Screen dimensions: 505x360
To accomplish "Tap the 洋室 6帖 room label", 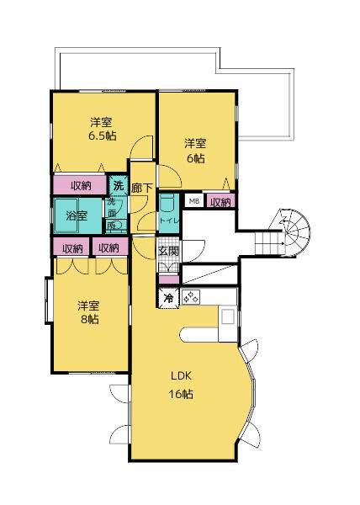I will [x=195, y=150].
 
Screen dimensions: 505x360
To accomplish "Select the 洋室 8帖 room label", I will [x=88, y=312].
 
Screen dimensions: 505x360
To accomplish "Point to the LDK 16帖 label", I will [x=183, y=385].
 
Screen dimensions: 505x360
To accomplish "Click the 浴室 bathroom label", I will [x=77, y=215].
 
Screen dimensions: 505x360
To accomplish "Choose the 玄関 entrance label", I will [x=168, y=251].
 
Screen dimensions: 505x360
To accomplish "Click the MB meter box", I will [x=193, y=201].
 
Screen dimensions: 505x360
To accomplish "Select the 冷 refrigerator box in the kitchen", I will [x=168, y=298].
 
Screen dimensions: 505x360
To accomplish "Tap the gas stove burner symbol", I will [x=190, y=297].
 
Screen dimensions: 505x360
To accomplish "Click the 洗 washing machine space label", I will [x=119, y=184].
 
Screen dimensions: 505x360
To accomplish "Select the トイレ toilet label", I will [x=167, y=221].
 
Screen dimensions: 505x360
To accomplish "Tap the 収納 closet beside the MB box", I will [x=220, y=202].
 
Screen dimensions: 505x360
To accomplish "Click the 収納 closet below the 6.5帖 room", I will [x=81, y=185].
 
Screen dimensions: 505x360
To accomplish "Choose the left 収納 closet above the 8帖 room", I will [x=71, y=247].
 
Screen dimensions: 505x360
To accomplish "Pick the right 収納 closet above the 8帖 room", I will [x=109, y=247].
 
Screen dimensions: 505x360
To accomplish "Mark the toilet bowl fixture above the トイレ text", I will [x=167, y=203].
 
